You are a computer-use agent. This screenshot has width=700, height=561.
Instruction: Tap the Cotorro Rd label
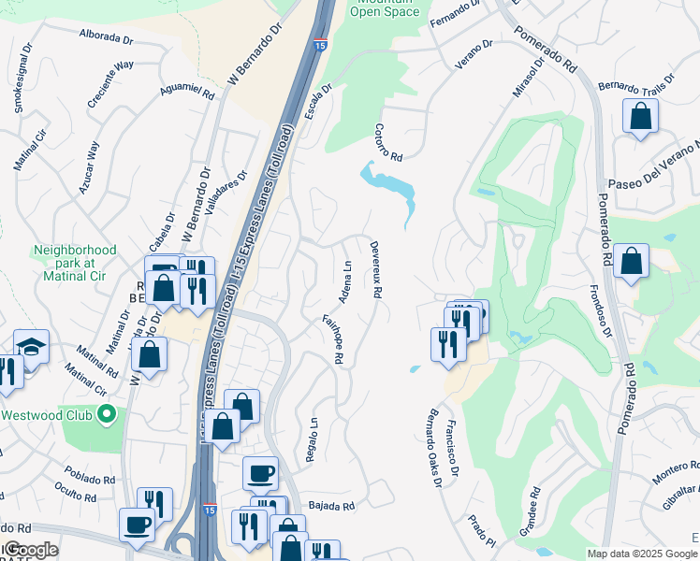click(x=388, y=142)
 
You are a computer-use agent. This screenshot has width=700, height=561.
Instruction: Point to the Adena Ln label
click(x=346, y=280)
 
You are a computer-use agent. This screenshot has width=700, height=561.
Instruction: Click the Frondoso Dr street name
click(x=600, y=310)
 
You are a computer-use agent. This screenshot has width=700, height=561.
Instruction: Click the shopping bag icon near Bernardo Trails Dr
click(x=641, y=117)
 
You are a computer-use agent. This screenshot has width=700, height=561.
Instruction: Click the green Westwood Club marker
click(x=109, y=413)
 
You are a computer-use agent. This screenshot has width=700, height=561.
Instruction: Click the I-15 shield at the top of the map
click(x=321, y=45)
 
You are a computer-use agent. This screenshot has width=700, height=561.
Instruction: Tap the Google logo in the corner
click(x=31, y=550)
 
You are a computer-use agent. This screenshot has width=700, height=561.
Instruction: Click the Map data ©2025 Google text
click(x=641, y=554)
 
